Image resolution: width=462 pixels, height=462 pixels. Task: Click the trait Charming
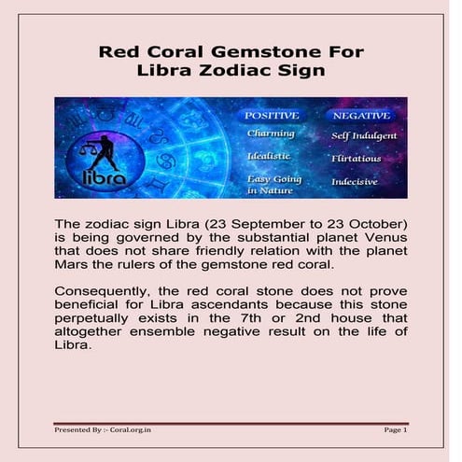point(271,133)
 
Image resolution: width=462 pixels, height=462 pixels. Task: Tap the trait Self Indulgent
point(364,135)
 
